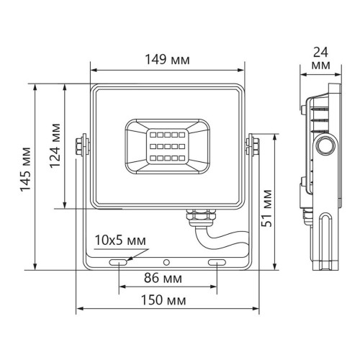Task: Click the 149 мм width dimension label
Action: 166,59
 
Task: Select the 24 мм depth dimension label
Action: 322,58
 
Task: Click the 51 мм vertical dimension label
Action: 268,206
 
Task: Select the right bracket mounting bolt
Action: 253,144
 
